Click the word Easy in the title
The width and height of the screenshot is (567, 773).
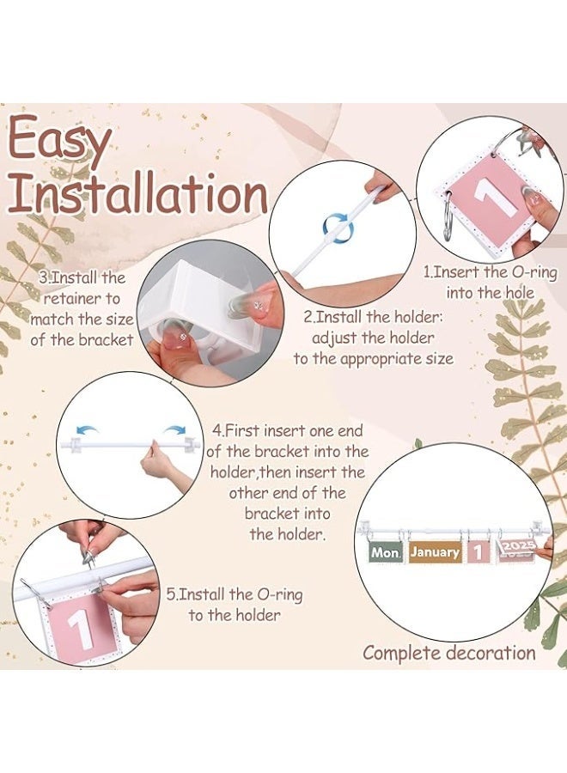pyautogui.click(x=59, y=142)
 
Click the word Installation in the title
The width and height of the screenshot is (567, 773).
pyautogui.click(x=138, y=194)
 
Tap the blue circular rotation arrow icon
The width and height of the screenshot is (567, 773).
pyautogui.click(x=338, y=226)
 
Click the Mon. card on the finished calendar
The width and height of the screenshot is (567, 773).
pyautogui.click(x=386, y=552)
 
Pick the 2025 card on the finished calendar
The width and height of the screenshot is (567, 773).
pyautogui.click(x=518, y=549)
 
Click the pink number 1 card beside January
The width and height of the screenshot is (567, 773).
pyautogui.click(x=478, y=552)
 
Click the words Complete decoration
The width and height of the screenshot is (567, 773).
pyautogui.click(x=449, y=653)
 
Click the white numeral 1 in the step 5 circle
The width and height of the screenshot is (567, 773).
pyautogui.click(x=82, y=628)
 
